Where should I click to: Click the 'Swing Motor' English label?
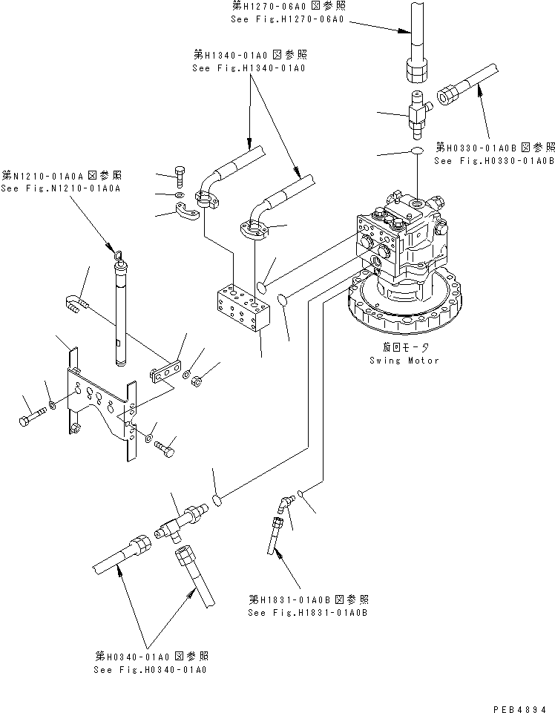[404, 361]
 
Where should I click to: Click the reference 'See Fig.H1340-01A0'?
[249, 68]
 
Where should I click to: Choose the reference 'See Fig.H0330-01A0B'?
[494, 160]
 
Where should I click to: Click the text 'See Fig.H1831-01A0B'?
[308, 613]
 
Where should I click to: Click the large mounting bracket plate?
[101, 408]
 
